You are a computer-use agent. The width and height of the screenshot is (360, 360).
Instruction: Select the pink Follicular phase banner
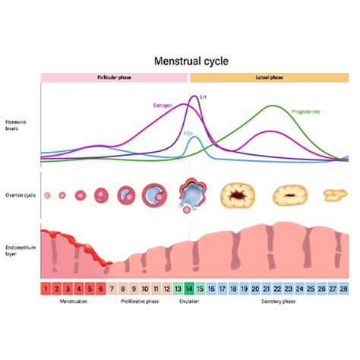tap(114, 77)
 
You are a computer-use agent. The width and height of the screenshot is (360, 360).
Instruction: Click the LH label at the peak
tap(203, 97)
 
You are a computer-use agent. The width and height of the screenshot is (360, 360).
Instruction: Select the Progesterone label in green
tap(306, 112)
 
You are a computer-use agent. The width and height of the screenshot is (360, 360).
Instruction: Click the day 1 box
tap(46, 289)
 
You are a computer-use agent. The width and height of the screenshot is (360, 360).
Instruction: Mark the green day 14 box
tap(188, 289)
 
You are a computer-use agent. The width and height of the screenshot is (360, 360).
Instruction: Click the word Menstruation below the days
tap(74, 302)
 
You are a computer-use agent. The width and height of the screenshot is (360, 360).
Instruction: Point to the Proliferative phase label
tap(141, 302)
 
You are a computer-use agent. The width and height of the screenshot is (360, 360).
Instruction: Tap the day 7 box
tap(112, 289)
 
